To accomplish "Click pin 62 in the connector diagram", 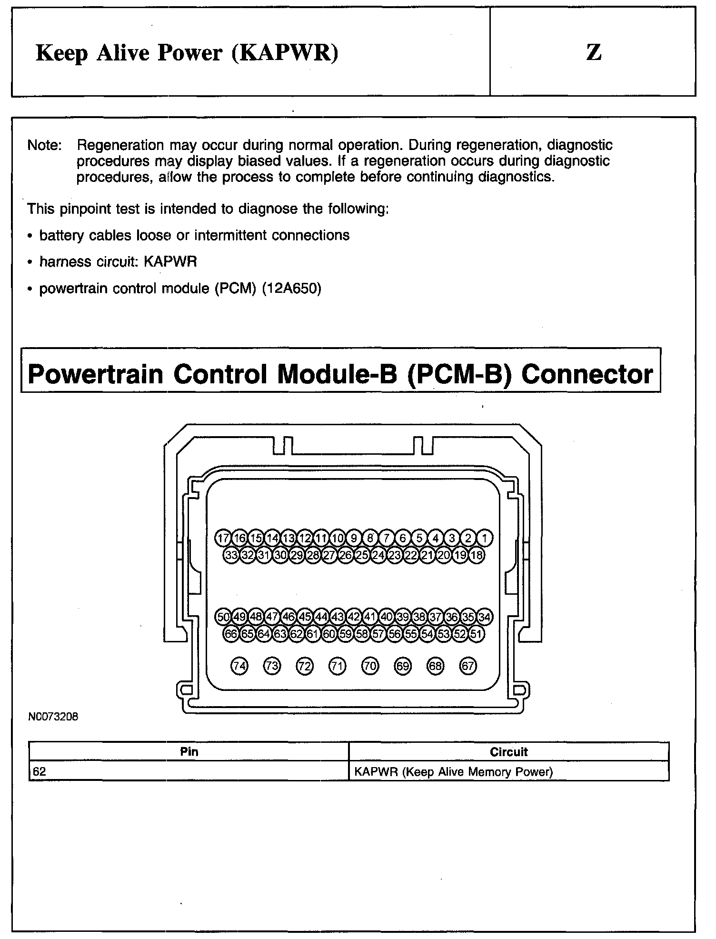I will pyautogui.click(x=296, y=634).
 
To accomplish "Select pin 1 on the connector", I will pyautogui.click(x=485, y=538).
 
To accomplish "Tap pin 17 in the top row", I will pyautogui.click(x=223, y=538).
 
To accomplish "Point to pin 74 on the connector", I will pyautogui.click(x=239, y=666).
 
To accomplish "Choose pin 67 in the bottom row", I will pyautogui.click(x=467, y=666).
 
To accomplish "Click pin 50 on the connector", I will pyautogui.click(x=223, y=617).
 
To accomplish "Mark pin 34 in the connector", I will pyautogui.click(x=485, y=617).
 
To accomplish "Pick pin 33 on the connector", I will pyautogui.click(x=231, y=555).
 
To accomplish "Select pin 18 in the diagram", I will pyautogui.click(x=477, y=555).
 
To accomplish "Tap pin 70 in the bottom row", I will pyautogui.click(x=370, y=666).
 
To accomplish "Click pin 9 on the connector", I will pyautogui.click(x=354, y=538).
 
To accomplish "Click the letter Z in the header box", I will pyautogui.click(x=593, y=52).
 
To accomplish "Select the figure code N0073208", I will pyautogui.click(x=53, y=717).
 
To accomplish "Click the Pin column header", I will pyautogui.click(x=189, y=752).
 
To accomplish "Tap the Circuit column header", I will pyautogui.click(x=509, y=752).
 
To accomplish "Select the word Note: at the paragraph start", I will pyautogui.click(x=44, y=145).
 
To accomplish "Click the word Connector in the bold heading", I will pyautogui.click(x=587, y=374).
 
